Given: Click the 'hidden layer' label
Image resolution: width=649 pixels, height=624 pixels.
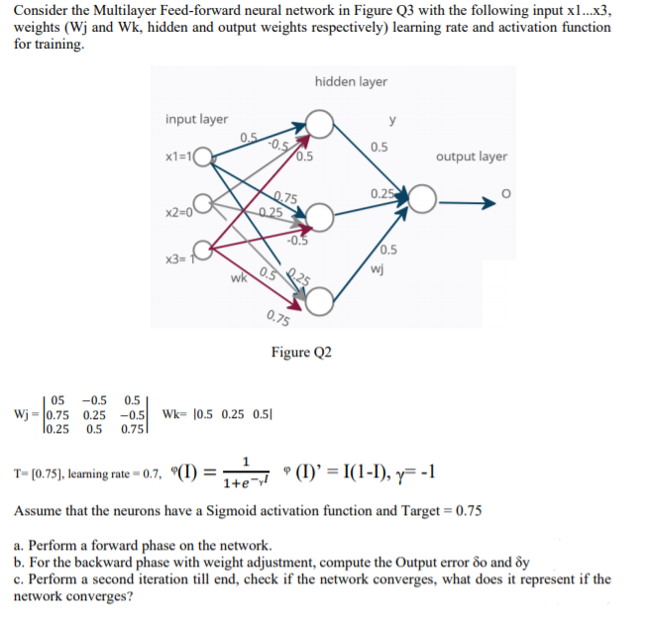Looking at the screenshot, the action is coord(351,81).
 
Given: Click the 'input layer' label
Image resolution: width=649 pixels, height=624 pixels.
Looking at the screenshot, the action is coord(196,119).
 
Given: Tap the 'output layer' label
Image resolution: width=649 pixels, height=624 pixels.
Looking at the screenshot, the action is coord(472,156).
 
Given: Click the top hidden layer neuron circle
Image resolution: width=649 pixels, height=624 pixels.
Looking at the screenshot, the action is coord(320,125).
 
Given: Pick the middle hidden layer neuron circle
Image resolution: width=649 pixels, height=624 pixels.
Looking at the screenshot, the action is coord(320,214).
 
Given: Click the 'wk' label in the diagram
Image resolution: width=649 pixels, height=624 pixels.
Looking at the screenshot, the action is coord(238,278).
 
